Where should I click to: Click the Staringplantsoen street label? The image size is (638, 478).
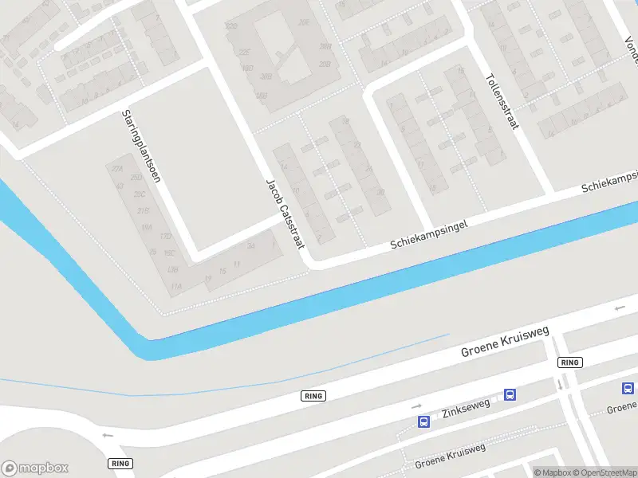(141, 147)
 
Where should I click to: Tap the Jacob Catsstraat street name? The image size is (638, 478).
(286, 213)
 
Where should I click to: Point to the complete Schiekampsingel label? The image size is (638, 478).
(428, 235)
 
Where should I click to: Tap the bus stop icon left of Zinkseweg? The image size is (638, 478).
(424, 421)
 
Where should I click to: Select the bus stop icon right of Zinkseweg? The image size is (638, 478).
(510, 394)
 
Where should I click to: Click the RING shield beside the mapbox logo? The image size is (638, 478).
(120, 463)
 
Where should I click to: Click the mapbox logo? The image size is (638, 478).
(35, 468)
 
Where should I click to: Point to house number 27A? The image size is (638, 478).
(118, 170)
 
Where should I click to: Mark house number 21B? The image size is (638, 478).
(144, 211)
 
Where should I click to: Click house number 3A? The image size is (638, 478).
(251, 247)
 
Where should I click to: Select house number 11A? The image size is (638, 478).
(176, 286)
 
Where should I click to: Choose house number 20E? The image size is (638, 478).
(304, 23)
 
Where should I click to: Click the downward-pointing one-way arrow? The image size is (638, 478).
(560, 384)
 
